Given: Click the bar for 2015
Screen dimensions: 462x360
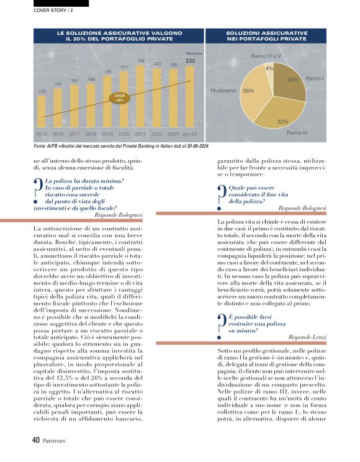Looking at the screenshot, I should pyautogui.click(x=42, y=114).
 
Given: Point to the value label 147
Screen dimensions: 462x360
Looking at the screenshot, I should pyautogui.click(x=58, y=84).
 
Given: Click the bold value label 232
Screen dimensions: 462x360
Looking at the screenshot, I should pyautogui.click(x=190, y=60).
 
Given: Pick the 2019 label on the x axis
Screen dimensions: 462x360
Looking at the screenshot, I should pyautogui.click(x=107, y=134).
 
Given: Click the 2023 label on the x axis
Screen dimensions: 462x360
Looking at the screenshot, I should pyautogui.click(x=173, y=134).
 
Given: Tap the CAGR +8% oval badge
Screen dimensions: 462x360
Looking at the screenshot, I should pyautogui.click(x=119, y=97).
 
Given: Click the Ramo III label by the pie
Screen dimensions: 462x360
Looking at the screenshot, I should pyautogui.click(x=297, y=133).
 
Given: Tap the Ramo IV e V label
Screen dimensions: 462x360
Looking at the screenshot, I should pyautogui.click(x=266, y=57).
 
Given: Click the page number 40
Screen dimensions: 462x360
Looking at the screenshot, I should pyautogui.click(x=36, y=439).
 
